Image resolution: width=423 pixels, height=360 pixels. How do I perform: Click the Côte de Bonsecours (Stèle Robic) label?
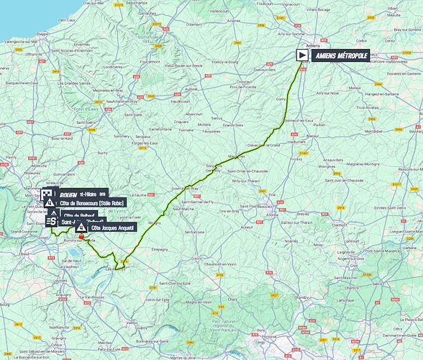click(x=93, y=204)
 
